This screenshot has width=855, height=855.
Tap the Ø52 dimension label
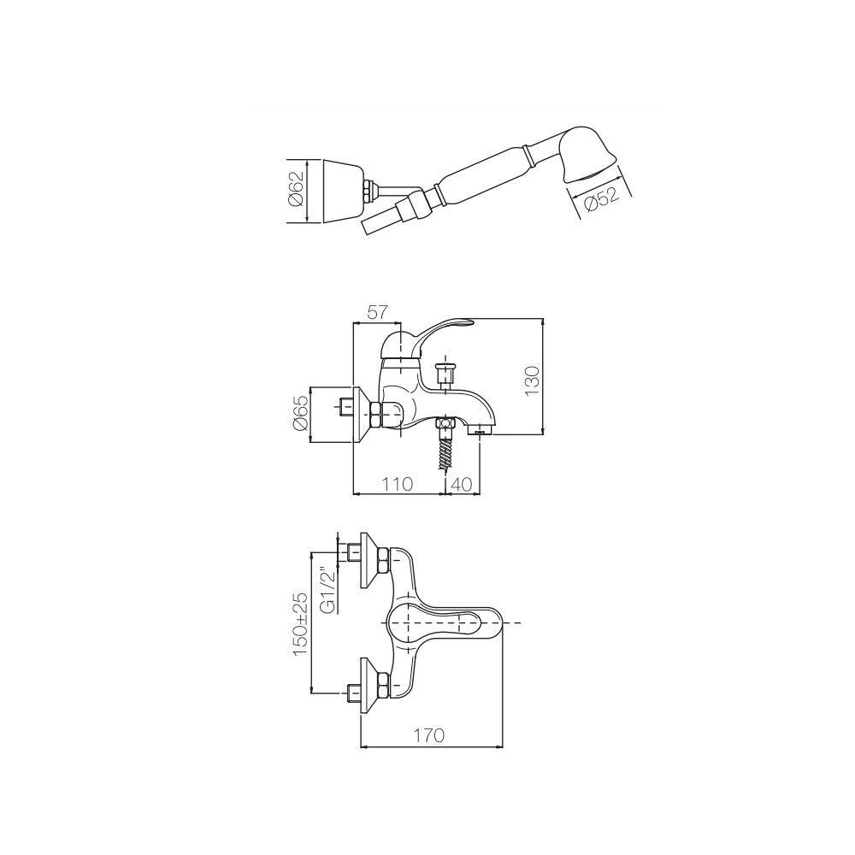click(x=601, y=199)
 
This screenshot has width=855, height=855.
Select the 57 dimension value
click(x=377, y=312)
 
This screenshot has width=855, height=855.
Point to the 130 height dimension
click(x=532, y=380)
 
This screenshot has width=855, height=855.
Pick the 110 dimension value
click(x=397, y=484)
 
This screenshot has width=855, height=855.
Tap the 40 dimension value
click(x=462, y=484)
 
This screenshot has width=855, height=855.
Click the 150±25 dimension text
click(x=300, y=623)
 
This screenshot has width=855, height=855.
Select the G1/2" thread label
click(x=327, y=592)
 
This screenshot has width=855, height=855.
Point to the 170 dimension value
click(x=428, y=735)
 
